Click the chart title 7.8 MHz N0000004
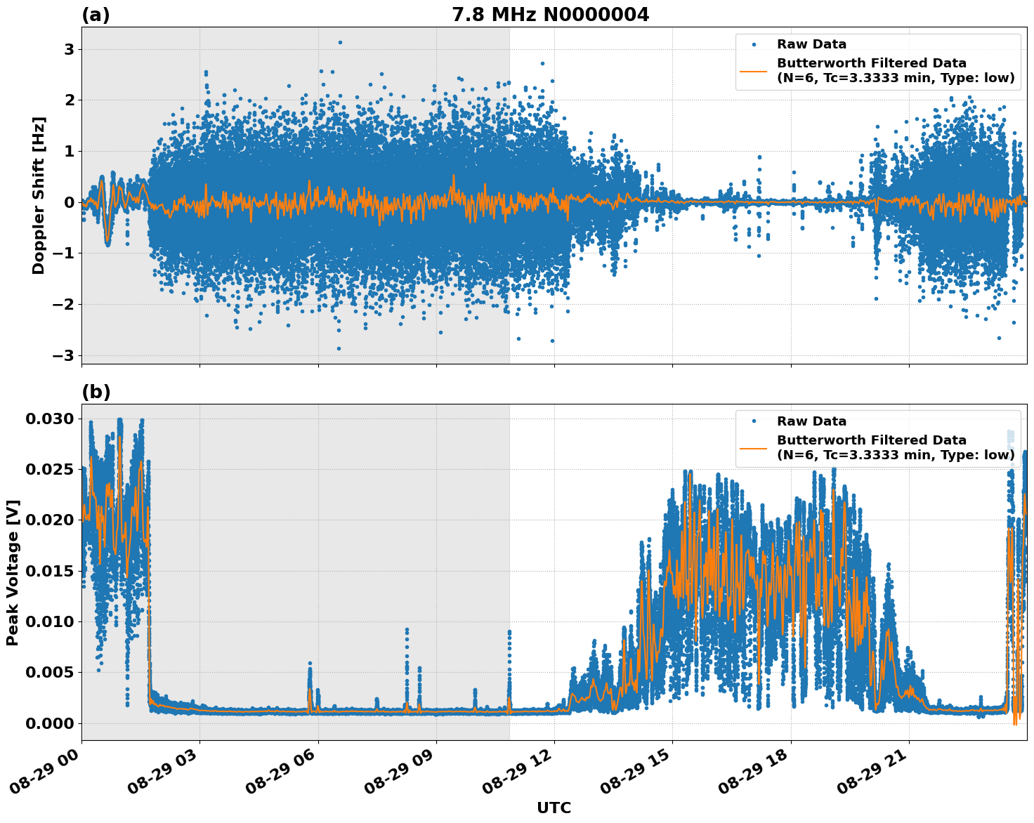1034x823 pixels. point(550,15)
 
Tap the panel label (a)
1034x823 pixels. point(96,15)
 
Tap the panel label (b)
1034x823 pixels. point(96,392)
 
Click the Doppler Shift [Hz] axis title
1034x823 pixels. point(39,195)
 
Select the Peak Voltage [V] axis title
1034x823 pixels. point(13,572)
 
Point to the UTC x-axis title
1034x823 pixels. point(554,808)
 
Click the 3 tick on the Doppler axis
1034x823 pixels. point(70,49)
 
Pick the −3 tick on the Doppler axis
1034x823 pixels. point(64,355)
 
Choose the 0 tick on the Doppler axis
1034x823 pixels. point(70,202)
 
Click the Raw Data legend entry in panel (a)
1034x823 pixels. point(811,44)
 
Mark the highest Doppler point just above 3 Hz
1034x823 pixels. point(340,42)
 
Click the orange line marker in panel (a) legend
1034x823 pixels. point(754,70)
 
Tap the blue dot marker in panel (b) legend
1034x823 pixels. point(754,421)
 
